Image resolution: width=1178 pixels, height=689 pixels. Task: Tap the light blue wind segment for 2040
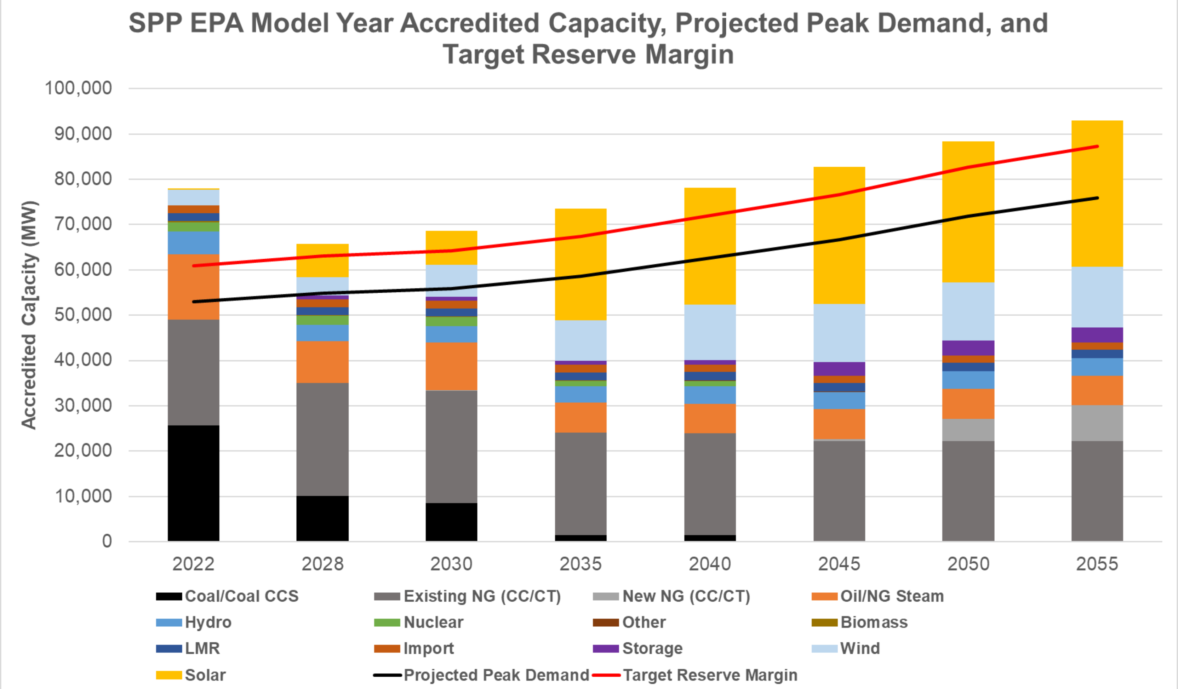710,332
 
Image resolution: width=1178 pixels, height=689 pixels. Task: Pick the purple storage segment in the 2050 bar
968,348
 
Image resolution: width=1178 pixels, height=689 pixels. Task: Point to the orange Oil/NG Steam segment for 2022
194,287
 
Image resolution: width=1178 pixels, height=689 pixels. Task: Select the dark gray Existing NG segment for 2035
581,483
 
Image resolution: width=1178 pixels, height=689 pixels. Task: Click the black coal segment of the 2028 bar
322,518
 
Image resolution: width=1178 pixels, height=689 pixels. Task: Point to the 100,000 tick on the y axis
79,88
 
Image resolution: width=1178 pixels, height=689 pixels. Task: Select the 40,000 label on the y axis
83,360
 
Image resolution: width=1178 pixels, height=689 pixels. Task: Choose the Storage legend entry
652,648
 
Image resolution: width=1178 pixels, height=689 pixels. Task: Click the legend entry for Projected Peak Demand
496,675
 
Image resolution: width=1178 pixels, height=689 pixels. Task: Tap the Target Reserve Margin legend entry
710,675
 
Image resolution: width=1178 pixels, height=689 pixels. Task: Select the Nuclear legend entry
433,622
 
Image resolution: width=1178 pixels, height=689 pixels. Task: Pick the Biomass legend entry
874,622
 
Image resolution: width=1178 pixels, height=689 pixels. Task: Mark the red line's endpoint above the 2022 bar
194,265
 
